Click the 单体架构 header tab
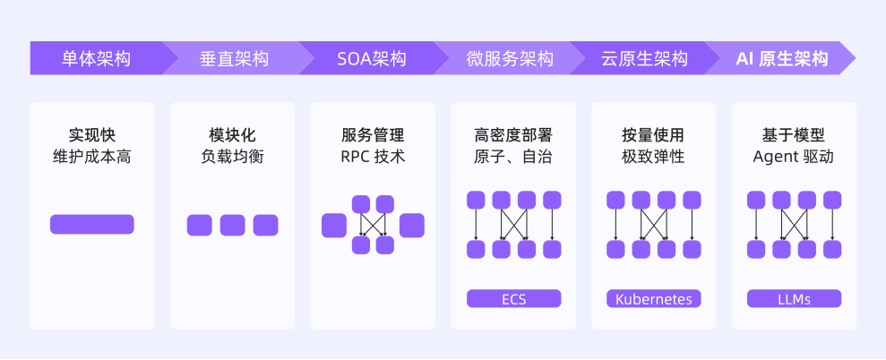coord(96,59)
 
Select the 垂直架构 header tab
coord(234,59)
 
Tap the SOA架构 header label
coord(371,59)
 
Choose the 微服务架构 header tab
coord(510,59)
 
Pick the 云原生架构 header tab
coord(644,59)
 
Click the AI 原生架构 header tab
coord(781,59)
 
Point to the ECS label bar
coord(513,299)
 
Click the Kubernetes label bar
coord(654,299)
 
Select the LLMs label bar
coord(794,299)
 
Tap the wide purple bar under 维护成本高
coord(92,225)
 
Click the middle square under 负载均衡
coord(233,226)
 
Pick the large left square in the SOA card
coord(334,226)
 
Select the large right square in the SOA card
coord(412,226)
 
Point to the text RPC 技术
coord(373,158)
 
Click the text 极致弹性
coord(654,158)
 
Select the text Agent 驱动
coord(794,158)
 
